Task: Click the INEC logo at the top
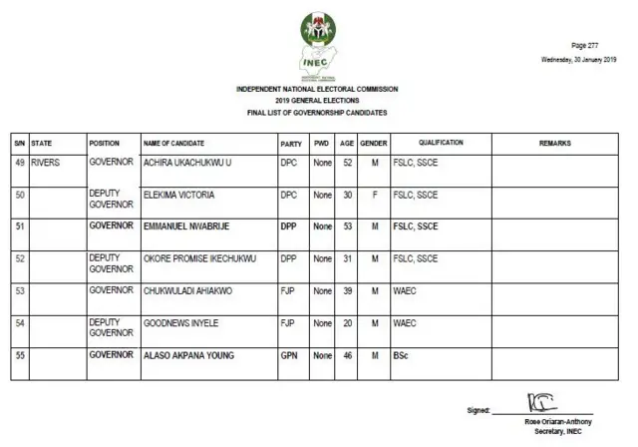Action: coord(318,46)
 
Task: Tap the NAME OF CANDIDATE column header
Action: coord(175,144)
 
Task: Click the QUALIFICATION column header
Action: coord(440,144)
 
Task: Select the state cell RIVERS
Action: coord(47,161)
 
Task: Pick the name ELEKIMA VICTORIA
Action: coord(179,194)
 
